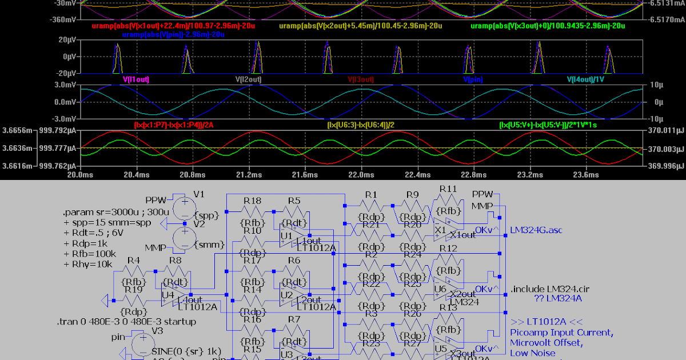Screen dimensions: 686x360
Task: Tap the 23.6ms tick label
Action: pyautogui.click(x=584, y=174)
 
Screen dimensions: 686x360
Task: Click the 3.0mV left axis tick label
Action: pyautogui.click(x=67, y=85)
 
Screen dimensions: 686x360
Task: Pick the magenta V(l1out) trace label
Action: pyautogui.click(x=135, y=80)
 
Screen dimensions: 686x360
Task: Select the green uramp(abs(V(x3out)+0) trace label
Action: pyautogui.click(x=548, y=26)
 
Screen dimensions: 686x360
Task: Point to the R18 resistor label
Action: pyautogui.click(x=252, y=201)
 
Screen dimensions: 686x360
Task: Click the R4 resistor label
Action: pyautogui.click(x=134, y=261)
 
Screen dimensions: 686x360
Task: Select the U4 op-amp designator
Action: pyautogui.click(x=168, y=295)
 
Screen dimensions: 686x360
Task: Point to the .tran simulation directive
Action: pyautogui.click(x=126, y=322)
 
